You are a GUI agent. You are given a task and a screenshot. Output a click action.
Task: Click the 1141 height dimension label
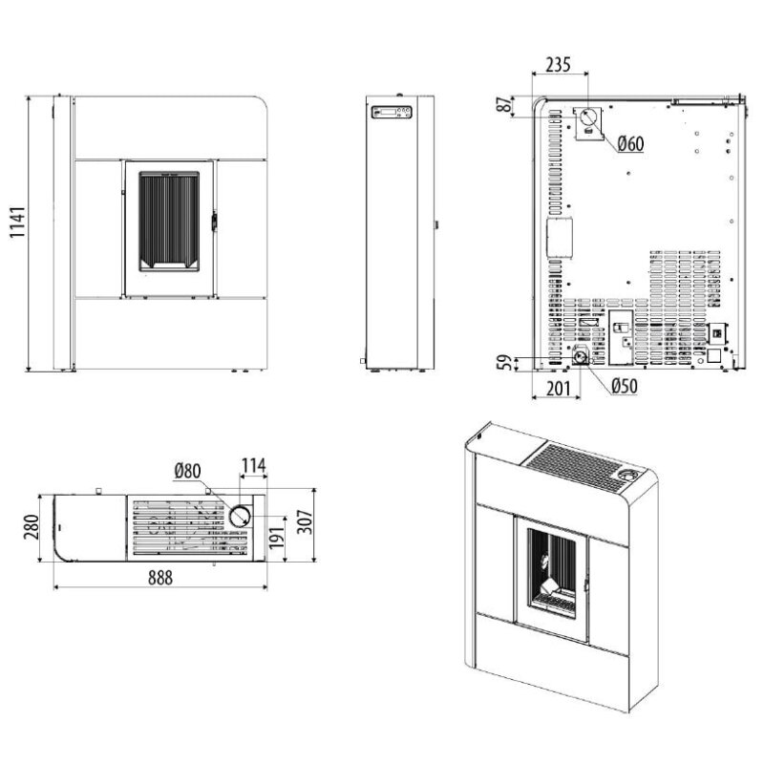(x=17, y=223)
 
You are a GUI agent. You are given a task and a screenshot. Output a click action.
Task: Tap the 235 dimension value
(x=558, y=64)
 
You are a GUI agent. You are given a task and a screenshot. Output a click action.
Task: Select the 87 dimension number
(x=505, y=104)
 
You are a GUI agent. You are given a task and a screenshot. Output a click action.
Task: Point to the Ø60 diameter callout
(x=630, y=144)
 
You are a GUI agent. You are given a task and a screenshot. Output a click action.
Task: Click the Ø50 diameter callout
(x=625, y=386)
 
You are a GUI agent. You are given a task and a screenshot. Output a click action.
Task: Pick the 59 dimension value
(x=505, y=363)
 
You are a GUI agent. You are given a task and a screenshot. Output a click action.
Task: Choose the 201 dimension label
(x=558, y=389)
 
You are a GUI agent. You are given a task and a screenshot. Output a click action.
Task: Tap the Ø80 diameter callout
(x=187, y=471)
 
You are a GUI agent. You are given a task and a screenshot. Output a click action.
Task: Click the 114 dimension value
(x=254, y=466)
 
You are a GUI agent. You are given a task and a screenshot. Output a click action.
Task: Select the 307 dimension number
(x=305, y=521)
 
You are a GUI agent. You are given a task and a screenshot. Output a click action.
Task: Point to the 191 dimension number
(x=277, y=538)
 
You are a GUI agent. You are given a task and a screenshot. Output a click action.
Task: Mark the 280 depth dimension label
(x=32, y=527)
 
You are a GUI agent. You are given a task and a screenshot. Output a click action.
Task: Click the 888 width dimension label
(x=160, y=578)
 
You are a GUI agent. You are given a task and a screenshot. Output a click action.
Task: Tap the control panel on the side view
(x=392, y=112)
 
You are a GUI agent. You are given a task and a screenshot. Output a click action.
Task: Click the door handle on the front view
(x=214, y=222)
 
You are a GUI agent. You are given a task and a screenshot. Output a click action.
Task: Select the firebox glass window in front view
(x=169, y=222)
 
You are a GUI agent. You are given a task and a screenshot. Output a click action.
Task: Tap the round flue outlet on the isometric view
(x=627, y=474)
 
